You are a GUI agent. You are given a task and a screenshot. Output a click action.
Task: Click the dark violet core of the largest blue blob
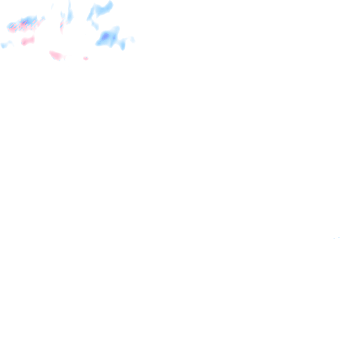click(x=105, y=36)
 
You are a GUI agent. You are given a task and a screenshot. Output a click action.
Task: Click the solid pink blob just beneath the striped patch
click(x=28, y=41)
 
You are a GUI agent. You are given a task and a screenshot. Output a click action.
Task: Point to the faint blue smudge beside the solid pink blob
click(x=6, y=45)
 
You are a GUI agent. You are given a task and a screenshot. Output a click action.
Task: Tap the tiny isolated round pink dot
click(x=86, y=58)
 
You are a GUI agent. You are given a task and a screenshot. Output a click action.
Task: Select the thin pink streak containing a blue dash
click(x=61, y=26)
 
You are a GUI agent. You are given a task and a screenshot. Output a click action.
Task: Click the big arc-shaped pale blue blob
click(x=101, y=10)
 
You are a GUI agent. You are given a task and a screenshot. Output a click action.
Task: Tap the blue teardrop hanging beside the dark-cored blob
click(x=122, y=45)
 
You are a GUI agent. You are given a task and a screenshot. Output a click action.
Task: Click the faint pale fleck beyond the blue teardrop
click(x=133, y=40)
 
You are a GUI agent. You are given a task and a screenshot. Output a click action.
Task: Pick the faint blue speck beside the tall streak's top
click(x=52, y=6)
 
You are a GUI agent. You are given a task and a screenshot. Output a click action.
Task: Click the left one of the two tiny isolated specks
click(x=334, y=238)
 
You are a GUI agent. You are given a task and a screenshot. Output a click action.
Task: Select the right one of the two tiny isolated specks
click(x=339, y=237)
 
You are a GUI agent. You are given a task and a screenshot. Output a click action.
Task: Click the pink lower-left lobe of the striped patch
click(x=12, y=29)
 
